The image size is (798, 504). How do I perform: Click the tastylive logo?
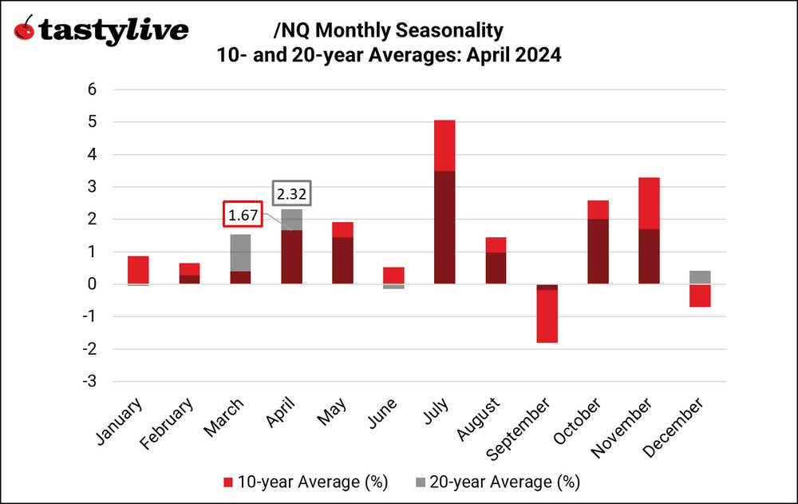tap(102, 30)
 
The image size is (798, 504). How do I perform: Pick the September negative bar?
tap(547, 313)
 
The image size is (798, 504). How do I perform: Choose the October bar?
tap(598, 242)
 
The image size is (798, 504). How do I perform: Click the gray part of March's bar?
tap(240, 252)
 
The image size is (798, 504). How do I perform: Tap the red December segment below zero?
tap(700, 296)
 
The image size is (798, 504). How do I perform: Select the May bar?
tap(342, 252)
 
